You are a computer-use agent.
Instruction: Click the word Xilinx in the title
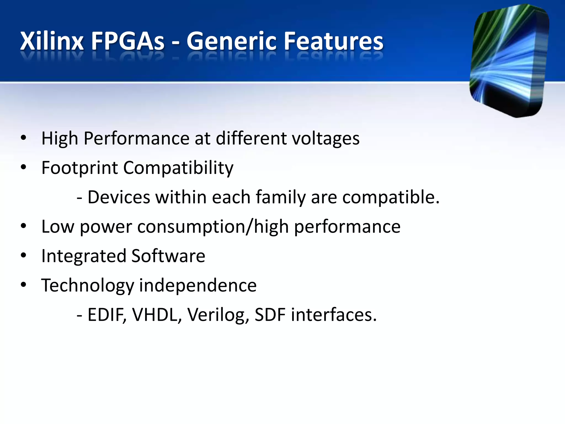(x=52, y=41)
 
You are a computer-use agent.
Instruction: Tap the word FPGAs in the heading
(x=127, y=41)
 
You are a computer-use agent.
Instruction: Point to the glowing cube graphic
(x=509, y=61)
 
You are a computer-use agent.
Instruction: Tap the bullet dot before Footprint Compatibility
(x=23, y=167)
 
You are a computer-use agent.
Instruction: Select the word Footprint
(x=79, y=168)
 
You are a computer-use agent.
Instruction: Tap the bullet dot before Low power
(x=23, y=226)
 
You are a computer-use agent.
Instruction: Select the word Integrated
(x=84, y=256)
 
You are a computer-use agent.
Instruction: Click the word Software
(x=168, y=256)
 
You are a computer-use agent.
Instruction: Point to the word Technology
(x=87, y=286)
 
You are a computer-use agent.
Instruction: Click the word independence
(x=198, y=285)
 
